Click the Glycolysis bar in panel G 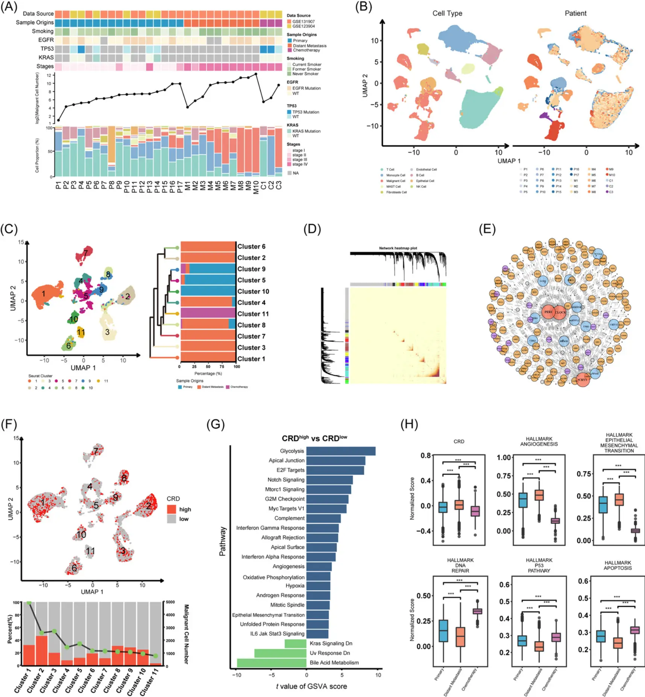pos(340,451)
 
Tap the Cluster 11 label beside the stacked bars pos(253,314)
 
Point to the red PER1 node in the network pos(548,312)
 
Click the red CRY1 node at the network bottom pos(582,380)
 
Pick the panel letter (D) pos(312,229)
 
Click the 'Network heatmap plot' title pos(398,248)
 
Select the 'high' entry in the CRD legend pos(185,509)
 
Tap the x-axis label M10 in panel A pos(256,187)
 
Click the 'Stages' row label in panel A pos(45,66)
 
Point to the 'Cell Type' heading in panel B pos(447,14)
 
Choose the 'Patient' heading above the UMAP pos(575,14)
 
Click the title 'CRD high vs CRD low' pos(314,438)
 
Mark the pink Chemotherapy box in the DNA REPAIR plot pos(477,611)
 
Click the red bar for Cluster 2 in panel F pos(41,650)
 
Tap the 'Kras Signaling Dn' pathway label pos(331,643)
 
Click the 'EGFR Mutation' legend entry pos(306,88)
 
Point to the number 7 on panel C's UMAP pos(85,253)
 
